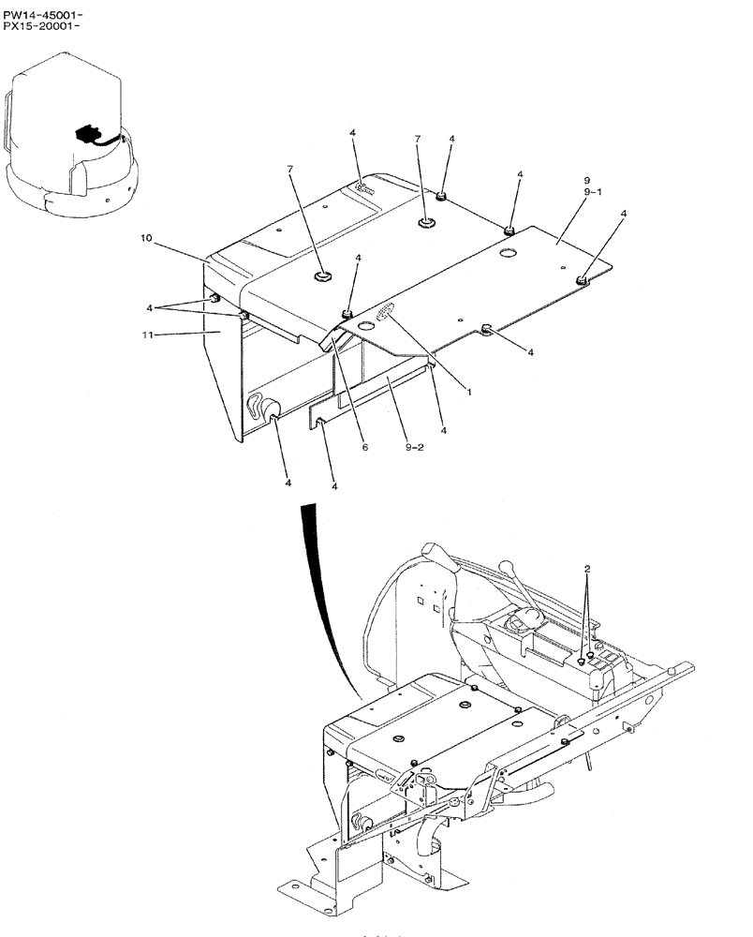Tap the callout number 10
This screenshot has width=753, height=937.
tap(146, 239)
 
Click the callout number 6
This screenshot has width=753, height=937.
tap(365, 447)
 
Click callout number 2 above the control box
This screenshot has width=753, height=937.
tap(586, 569)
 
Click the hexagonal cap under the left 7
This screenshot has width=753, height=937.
tap(322, 275)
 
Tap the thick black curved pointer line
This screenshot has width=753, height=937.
tap(323, 600)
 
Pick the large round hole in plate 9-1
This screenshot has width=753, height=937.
tap(509, 253)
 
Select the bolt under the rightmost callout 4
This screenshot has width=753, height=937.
tap(583, 278)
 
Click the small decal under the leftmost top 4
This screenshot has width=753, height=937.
tap(365, 191)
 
